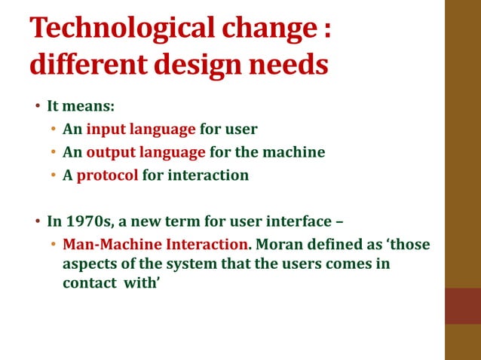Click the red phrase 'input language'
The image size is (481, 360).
(x=141, y=129)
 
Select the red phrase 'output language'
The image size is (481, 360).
(x=146, y=152)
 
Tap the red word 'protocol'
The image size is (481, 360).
(x=107, y=175)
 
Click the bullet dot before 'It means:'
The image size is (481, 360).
(x=37, y=106)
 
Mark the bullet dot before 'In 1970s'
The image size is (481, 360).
(x=37, y=222)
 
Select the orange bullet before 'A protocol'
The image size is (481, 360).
(x=54, y=175)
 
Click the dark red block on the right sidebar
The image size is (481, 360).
(x=463, y=306)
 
